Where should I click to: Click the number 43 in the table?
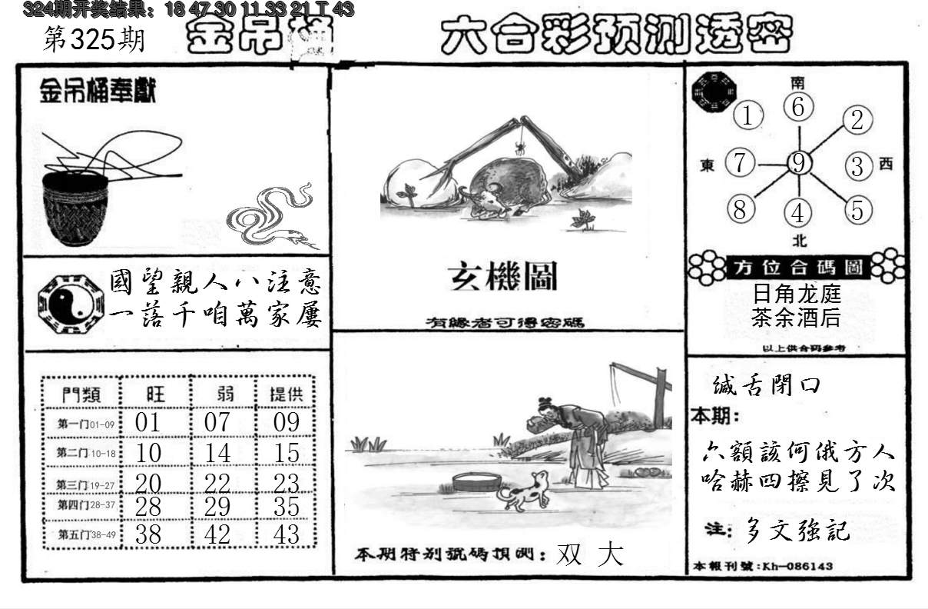pos(286,534)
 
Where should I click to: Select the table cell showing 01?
pos(147,422)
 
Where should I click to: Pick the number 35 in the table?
pos(286,507)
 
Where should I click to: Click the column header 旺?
pos(155,394)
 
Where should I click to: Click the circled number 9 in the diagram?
pos(799,163)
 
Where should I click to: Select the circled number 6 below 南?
pos(799,108)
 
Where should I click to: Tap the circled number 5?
pos(858,208)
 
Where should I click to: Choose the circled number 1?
pos(747,117)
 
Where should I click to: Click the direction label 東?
pos(708,165)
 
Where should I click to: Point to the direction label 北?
pos(800,241)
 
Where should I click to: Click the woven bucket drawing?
pos(75,208)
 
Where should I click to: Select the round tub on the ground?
pos(477,483)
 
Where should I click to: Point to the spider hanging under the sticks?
pos(520,147)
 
